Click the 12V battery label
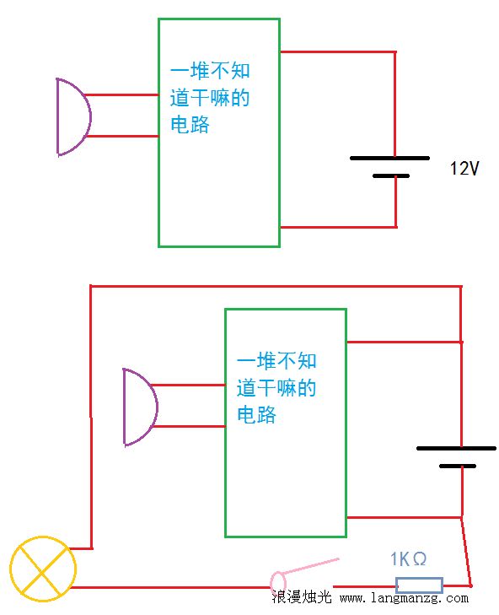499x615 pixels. pyautogui.click(x=464, y=168)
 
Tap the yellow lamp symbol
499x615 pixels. pyautogui.click(x=43, y=569)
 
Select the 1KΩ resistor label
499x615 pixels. pyautogui.click(x=408, y=559)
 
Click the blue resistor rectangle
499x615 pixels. pyautogui.click(x=419, y=585)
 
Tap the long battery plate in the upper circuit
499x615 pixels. pyautogui.click(x=389, y=158)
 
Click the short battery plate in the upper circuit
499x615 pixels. pyautogui.click(x=391, y=176)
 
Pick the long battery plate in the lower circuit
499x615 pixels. pyautogui.click(x=456, y=448)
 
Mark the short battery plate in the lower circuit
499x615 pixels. pyautogui.click(x=458, y=467)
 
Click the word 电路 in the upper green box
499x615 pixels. pyautogui.click(x=190, y=124)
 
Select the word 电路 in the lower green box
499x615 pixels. pyautogui.click(x=257, y=414)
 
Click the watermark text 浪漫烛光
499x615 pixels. pyautogui.click(x=302, y=596)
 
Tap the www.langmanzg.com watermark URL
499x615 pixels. pyautogui.click(x=404, y=598)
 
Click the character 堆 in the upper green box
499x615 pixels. pyautogui.click(x=200, y=71)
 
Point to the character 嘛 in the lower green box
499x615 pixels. pyautogui.click(x=287, y=388)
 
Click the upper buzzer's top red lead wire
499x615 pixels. pyautogui.click(x=122, y=95)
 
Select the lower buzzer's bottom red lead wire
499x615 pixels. pyautogui.click(x=189, y=426)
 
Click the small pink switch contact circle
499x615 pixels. pyautogui.click(x=278, y=580)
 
